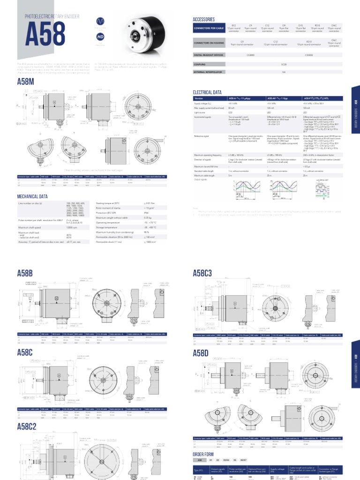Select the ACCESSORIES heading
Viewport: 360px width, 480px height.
[x=204, y=20]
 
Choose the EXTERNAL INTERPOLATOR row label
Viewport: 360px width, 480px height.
[x=206, y=72]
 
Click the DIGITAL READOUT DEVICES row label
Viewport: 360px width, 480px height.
[x=209, y=55]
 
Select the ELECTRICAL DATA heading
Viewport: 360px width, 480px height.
[x=207, y=92]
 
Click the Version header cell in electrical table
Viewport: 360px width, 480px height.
[x=199, y=98]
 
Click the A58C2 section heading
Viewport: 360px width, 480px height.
[x=30, y=427]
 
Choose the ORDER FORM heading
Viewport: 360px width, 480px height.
[x=203, y=454]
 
